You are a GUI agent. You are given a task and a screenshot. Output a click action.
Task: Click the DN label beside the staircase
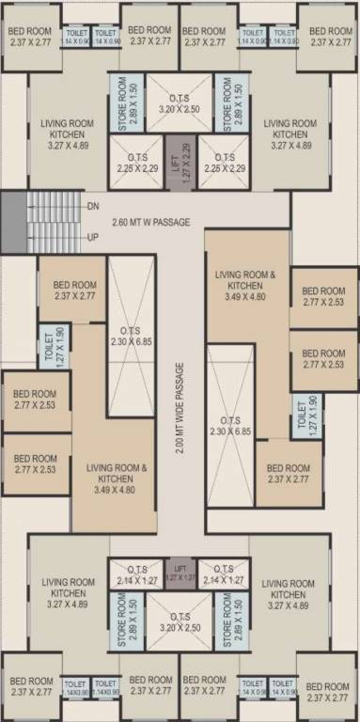[92, 205]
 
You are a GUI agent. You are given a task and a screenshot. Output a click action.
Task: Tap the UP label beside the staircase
[92, 238]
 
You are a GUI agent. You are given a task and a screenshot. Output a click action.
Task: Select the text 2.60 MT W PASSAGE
[150, 222]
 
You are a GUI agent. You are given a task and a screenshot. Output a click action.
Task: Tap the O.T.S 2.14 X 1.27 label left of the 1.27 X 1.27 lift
[135, 574]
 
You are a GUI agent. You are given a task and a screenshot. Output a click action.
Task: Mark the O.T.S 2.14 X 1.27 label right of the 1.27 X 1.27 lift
[224, 574]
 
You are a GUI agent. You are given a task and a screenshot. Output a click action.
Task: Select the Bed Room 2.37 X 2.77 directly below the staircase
[74, 290]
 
